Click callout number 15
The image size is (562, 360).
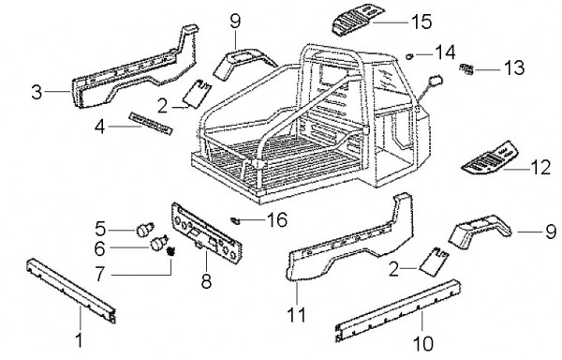(421, 22)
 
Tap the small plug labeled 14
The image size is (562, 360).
(409, 55)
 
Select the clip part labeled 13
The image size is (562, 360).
(466, 68)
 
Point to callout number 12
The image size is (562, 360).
(540, 168)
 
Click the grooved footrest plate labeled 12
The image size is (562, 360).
(490, 157)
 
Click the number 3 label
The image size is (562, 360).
(37, 92)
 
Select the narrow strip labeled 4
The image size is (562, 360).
(151, 124)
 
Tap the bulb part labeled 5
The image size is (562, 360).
(145, 230)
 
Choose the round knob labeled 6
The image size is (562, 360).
(158, 243)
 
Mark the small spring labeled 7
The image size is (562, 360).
(171, 251)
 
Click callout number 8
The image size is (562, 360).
(206, 281)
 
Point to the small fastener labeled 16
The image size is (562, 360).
(235, 220)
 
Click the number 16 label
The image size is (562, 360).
(276, 219)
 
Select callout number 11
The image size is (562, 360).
(296, 315)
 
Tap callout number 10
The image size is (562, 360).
(423, 343)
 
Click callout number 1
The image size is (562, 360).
(80, 339)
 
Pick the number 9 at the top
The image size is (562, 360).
(235, 22)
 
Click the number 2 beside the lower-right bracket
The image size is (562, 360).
(394, 268)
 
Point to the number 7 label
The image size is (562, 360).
(100, 275)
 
